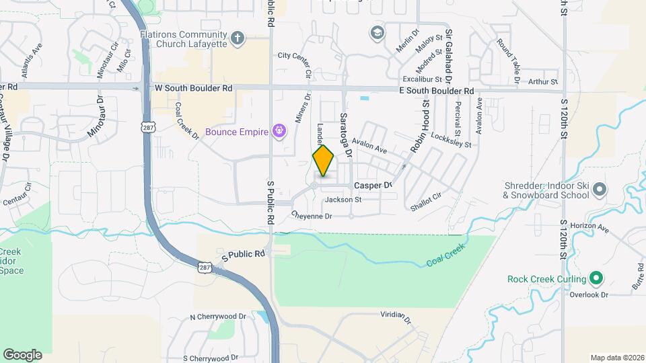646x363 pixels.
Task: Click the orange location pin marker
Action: (323, 161)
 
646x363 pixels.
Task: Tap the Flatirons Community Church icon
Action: (236, 38)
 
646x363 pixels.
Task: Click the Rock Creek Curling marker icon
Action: (595, 278)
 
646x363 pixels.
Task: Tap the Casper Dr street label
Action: (373, 185)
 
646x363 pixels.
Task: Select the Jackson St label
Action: (343, 200)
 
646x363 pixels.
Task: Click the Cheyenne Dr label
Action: (312, 216)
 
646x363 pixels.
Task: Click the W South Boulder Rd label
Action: (193, 88)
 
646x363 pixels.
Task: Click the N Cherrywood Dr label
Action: (218, 317)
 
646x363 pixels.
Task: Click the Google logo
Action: (22, 354)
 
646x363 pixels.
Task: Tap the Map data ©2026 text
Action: (616, 358)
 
